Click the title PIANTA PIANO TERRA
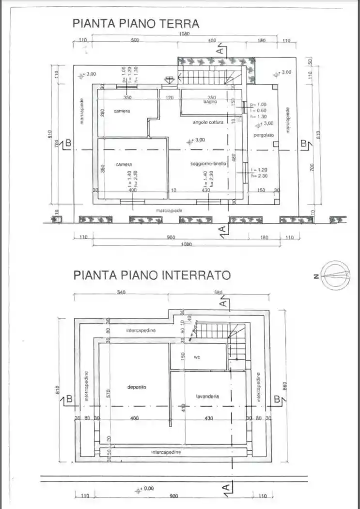136,23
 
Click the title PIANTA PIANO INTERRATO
152,275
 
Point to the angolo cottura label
208,123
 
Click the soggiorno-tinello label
208,164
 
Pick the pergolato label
264,135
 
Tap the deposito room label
137,387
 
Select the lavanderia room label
207,397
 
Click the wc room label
198,357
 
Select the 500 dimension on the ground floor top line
135,41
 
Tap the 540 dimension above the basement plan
121,292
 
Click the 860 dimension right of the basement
286,385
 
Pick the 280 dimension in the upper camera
102,113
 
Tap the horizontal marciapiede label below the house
169,211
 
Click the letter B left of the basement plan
69,399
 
